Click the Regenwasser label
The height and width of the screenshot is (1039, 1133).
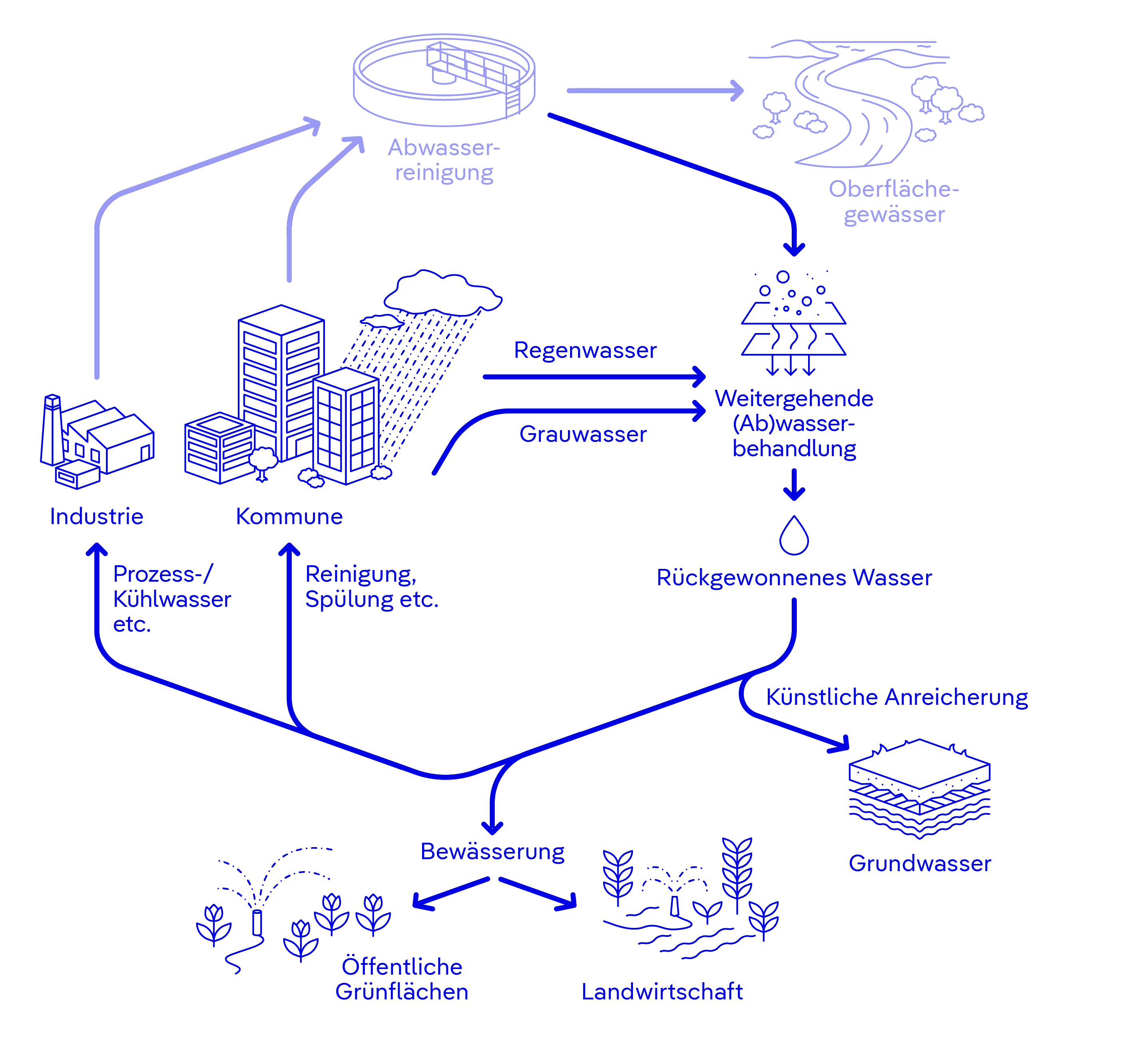585,350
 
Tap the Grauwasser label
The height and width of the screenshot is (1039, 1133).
583,434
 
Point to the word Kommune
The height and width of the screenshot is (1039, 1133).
289,516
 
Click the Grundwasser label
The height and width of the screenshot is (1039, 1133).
920,863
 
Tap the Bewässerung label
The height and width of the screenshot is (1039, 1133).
492,851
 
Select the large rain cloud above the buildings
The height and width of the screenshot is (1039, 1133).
443,292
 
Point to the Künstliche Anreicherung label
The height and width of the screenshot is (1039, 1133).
897,697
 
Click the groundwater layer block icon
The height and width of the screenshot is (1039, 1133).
920,787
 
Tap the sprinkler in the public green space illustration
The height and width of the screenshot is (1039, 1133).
257,922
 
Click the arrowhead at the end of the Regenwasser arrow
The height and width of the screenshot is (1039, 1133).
699,377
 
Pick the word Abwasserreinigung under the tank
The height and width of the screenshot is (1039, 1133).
444,160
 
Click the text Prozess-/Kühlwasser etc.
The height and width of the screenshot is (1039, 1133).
171,599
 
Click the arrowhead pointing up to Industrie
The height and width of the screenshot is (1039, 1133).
97,549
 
